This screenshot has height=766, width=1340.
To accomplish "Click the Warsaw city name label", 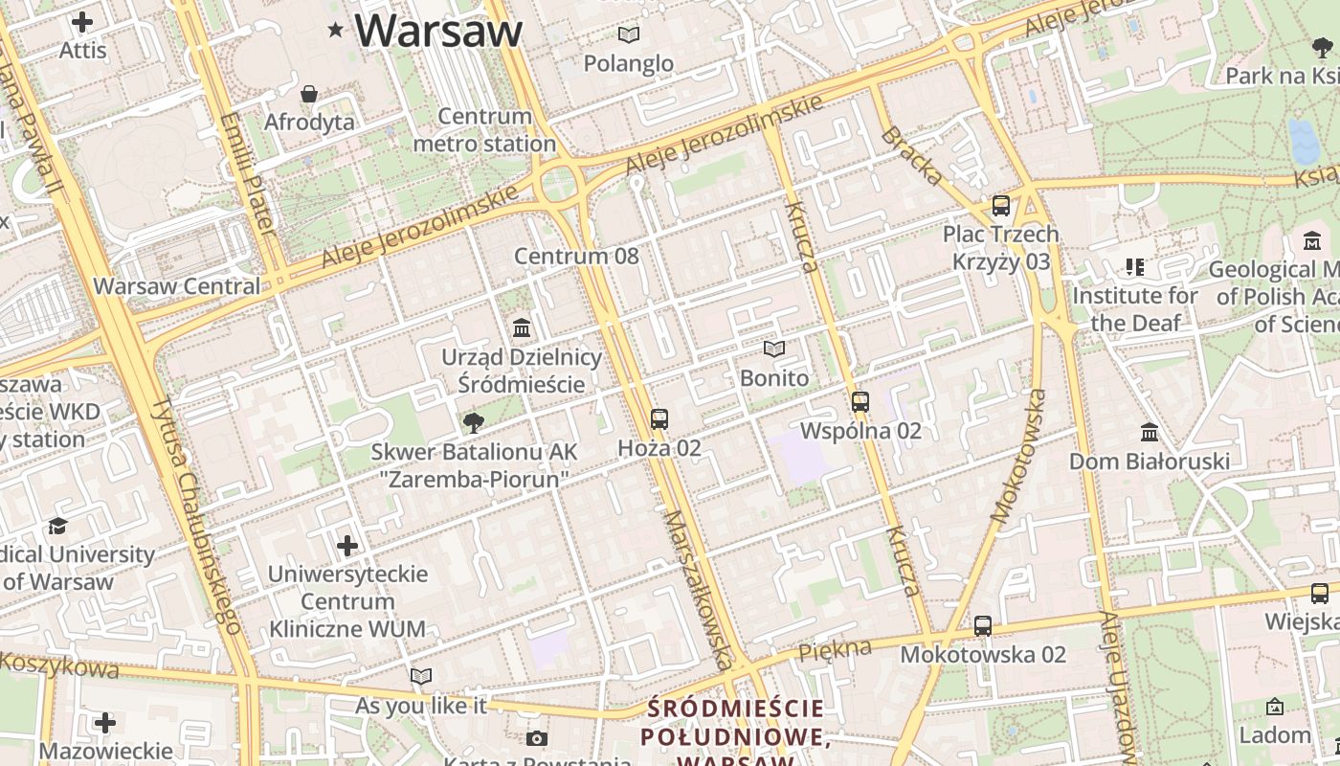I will [438, 31].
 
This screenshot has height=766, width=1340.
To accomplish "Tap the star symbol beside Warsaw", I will [335, 31].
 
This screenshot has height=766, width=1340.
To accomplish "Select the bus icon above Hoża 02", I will [659, 418].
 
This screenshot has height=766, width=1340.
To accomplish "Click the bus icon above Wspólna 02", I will [860, 401].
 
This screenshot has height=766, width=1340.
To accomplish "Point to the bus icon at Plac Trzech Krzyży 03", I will [1000, 205].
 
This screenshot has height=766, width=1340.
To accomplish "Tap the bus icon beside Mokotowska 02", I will [982, 626].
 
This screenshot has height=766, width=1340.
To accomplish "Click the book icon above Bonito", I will [773, 349].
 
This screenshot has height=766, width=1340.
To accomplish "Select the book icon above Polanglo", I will [628, 35].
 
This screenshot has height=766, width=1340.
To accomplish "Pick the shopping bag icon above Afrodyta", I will [308, 94].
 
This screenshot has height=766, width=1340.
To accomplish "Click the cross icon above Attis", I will [82, 21].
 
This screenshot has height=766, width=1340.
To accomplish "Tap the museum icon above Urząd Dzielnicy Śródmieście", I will [522, 328].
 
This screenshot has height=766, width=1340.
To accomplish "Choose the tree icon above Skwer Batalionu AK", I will [473, 422].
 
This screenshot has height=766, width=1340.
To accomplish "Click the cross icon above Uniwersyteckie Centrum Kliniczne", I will [346, 546].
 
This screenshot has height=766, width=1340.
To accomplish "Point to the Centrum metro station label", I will [484, 130].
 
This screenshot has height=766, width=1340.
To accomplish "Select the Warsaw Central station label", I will [176, 286].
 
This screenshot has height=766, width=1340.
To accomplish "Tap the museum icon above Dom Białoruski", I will [1149, 433].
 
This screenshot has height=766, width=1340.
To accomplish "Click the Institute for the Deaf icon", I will [1134, 267].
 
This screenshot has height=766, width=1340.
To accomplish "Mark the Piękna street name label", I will [823, 651].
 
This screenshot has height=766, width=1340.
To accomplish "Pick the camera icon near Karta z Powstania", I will [536, 738].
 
